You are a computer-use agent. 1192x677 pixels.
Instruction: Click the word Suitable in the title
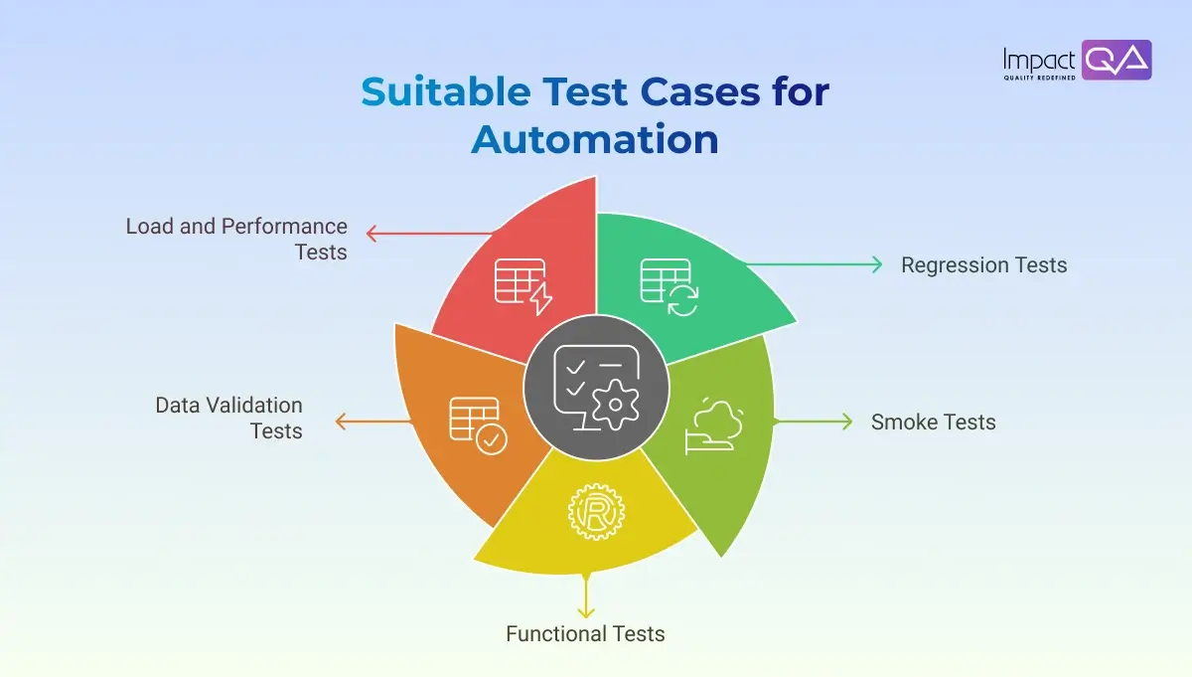tap(443, 92)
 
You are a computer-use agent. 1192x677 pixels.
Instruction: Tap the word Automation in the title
tap(594, 139)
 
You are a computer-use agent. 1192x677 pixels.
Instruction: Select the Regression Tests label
tap(983, 265)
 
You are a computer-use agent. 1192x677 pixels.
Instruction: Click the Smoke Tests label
tap(933, 422)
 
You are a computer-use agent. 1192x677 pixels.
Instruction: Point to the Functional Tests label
tap(585, 633)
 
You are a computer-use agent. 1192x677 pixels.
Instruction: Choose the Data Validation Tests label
tap(229, 418)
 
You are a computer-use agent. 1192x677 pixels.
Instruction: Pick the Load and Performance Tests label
tap(236, 239)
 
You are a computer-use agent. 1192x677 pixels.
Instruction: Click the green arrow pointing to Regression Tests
tap(815, 264)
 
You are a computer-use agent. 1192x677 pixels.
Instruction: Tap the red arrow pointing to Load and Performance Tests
tap(427, 234)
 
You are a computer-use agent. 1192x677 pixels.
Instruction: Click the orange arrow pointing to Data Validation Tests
tap(372, 422)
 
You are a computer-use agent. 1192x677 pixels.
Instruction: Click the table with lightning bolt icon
tap(522, 285)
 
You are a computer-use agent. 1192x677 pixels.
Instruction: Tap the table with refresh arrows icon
tap(669, 286)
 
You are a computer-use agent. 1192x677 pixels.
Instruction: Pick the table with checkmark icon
tap(477, 424)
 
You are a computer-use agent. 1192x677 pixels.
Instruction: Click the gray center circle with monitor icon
tap(596, 388)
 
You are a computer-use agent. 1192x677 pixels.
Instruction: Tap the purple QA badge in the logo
tap(1116, 60)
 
